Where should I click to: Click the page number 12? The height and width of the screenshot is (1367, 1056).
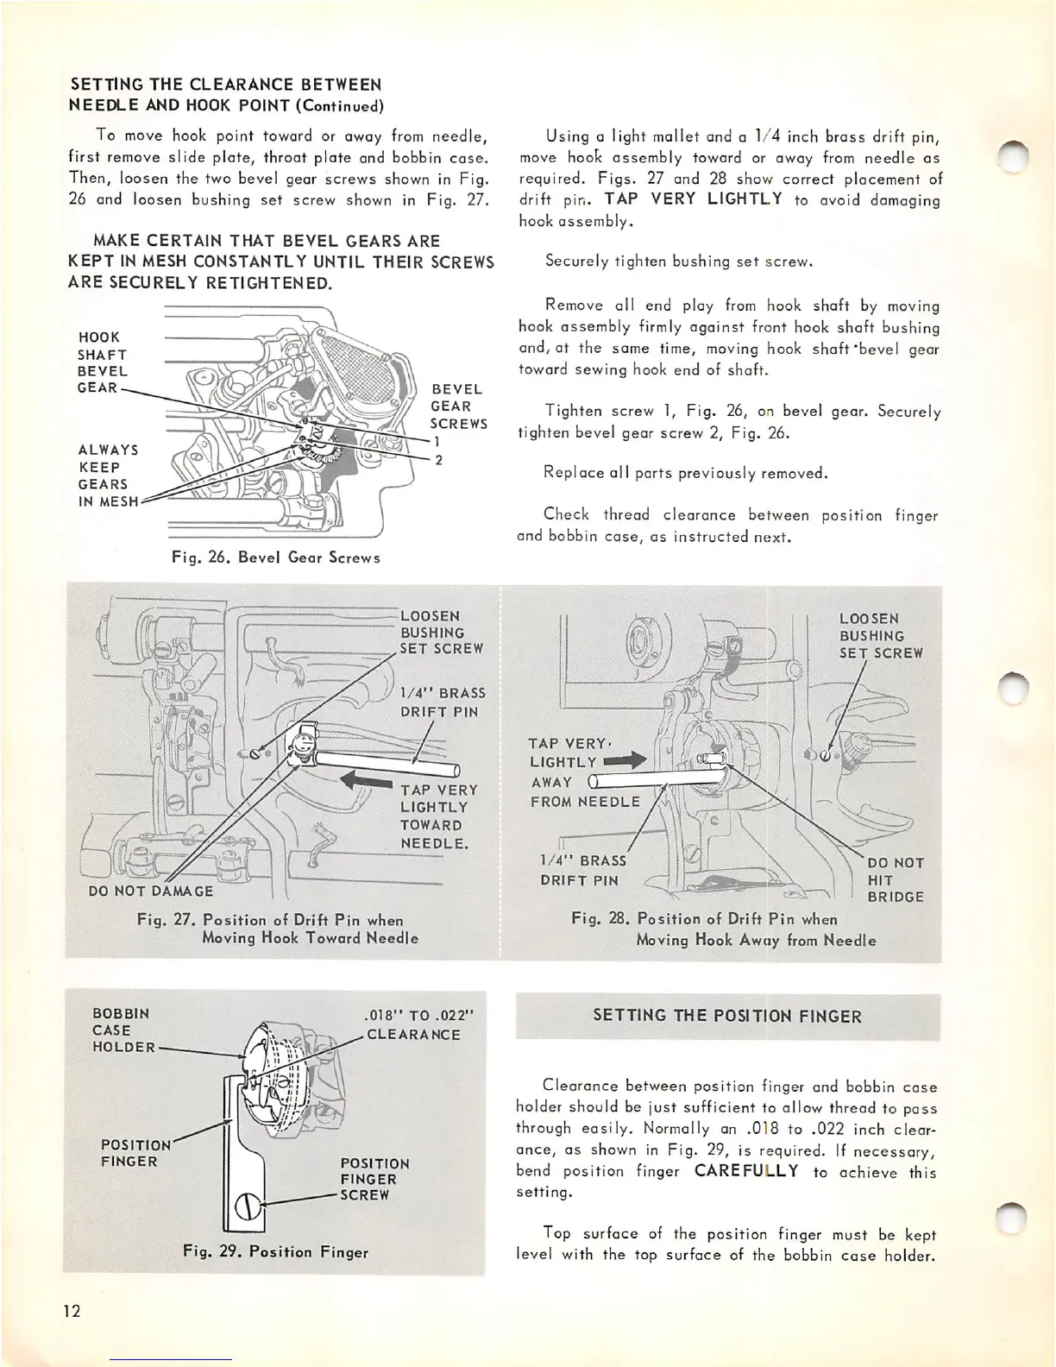coord(72,1312)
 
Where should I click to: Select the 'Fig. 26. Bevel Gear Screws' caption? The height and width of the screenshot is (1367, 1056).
coord(275,558)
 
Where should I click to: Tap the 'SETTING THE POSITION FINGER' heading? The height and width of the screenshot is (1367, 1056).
coord(727,1016)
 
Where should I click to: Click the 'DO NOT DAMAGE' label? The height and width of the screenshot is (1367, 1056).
coord(151,891)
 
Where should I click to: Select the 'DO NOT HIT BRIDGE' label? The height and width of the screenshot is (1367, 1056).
coord(896,879)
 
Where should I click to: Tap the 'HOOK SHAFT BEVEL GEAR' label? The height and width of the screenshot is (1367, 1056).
coord(103,362)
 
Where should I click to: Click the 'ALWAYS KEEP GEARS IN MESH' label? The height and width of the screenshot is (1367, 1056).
coord(108,476)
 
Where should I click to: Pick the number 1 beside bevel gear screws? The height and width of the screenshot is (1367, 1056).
coord(437,441)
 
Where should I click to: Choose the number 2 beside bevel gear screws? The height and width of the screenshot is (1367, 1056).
coord(438,460)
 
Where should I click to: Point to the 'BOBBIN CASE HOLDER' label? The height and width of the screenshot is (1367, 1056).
coord(123,1030)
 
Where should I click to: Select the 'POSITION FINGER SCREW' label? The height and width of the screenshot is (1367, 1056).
coord(374,1179)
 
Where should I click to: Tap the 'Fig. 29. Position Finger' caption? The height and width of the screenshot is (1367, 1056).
coord(275,1251)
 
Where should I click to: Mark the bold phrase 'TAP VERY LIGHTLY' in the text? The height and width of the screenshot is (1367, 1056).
coord(694,199)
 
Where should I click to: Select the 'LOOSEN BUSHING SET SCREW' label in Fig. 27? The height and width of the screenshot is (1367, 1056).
coord(441,632)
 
